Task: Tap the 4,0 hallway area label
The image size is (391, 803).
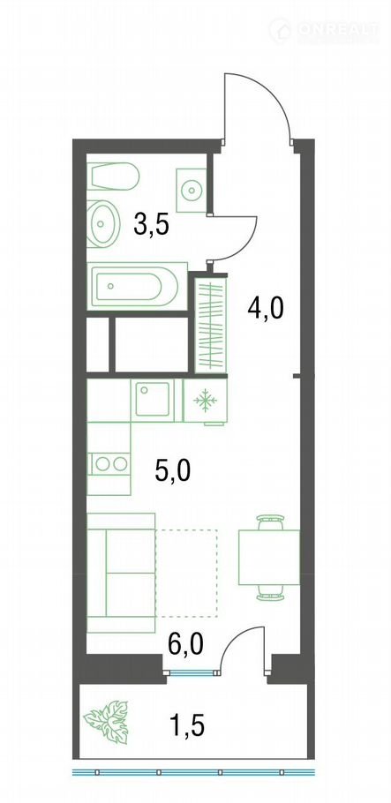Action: pyautogui.click(x=265, y=309)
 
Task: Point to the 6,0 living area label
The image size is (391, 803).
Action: pyautogui.click(x=186, y=644)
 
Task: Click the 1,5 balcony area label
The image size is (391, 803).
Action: pyautogui.click(x=187, y=725)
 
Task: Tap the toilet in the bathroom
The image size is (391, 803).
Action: pyautogui.click(x=113, y=176)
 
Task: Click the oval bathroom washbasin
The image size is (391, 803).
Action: pyautogui.click(x=102, y=224)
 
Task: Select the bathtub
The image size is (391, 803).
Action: pyautogui.click(x=137, y=286)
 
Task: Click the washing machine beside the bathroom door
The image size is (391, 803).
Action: pyautogui.click(x=192, y=190)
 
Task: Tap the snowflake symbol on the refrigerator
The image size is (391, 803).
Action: pyautogui.click(x=205, y=401)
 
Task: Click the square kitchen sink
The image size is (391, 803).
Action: pyautogui.click(x=152, y=400)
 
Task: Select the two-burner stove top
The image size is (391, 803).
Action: pyautogui.click(x=109, y=464)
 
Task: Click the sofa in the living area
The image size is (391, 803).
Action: pyautogui.click(x=121, y=573)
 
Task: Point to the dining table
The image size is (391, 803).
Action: pyautogui.click(x=269, y=557)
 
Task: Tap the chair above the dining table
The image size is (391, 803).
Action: pyautogui.click(x=270, y=522)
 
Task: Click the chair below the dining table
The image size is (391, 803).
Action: pyautogui.click(x=270, y=592)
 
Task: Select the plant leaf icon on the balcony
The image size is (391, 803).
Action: pyautogui.click(x=107, y=722)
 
